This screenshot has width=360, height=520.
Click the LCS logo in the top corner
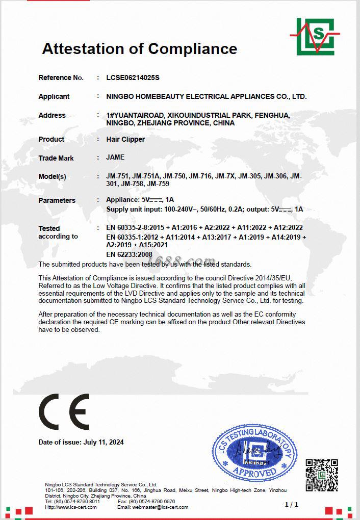[316, 36]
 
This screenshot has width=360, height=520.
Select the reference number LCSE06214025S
[133, 77]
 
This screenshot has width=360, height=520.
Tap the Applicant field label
[54, 96]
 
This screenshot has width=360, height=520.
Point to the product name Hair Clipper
[125, 139]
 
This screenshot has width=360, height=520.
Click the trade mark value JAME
[115, 158]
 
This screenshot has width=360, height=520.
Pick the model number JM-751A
[146, 176]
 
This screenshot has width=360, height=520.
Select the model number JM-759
[158, 184]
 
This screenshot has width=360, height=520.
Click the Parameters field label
[57, 200]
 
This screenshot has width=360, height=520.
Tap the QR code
[322, 475]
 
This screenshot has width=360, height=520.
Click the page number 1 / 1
[291, 504]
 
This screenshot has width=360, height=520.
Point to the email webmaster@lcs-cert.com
[160, 507]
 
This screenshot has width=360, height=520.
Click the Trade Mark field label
[56, 158]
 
